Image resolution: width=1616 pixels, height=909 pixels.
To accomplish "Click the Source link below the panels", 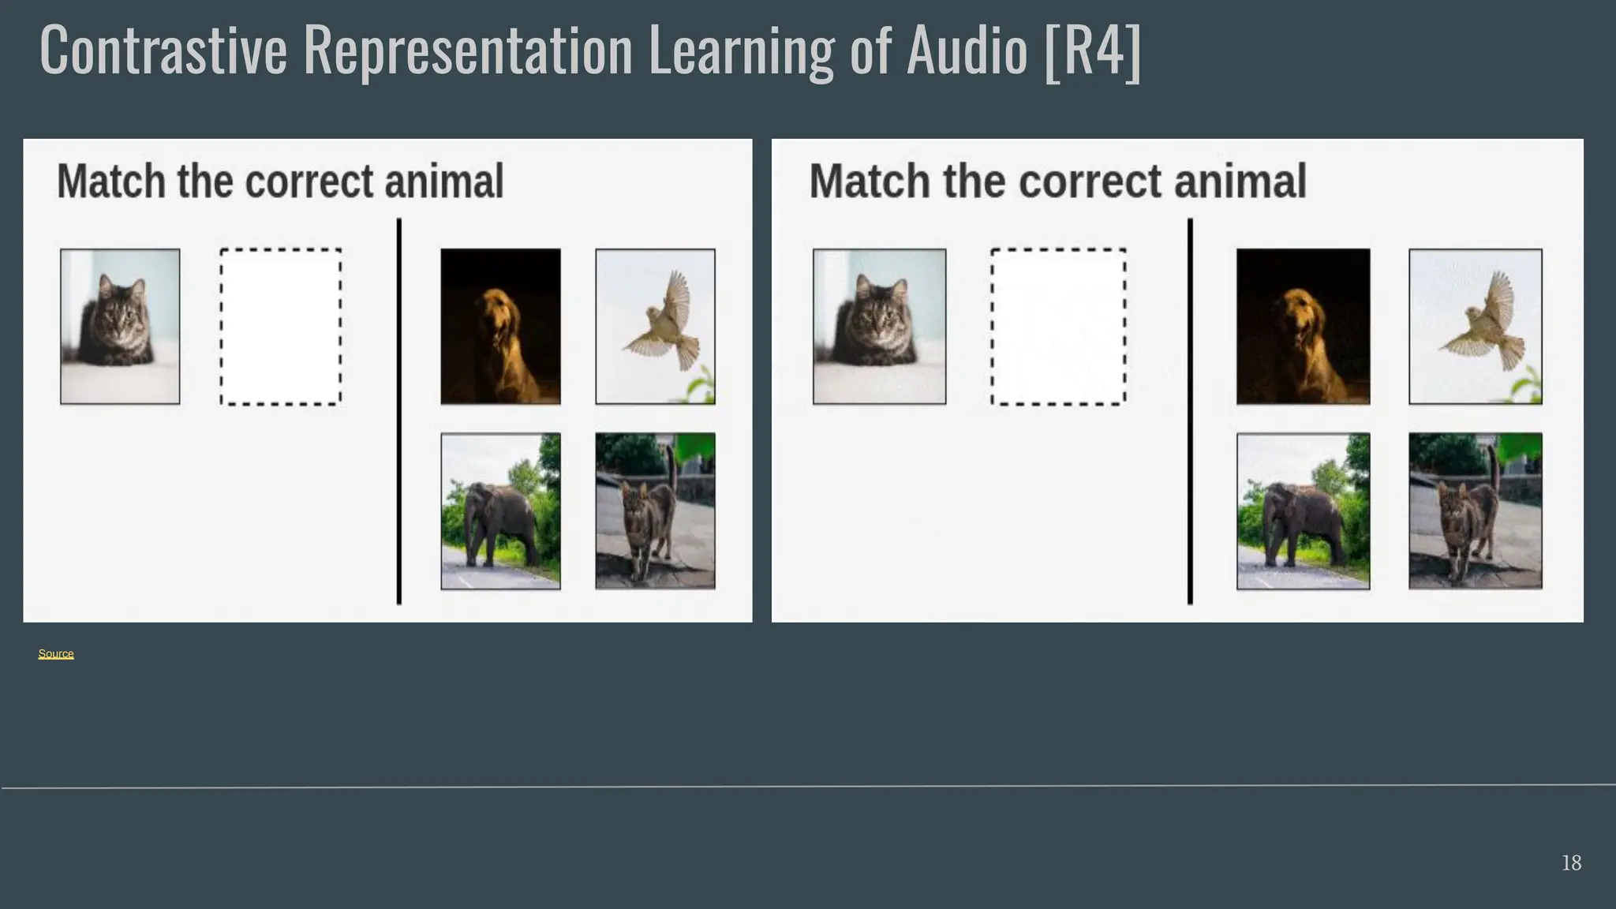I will [56, 653].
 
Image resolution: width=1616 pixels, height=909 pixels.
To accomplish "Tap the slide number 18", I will [1571, 862].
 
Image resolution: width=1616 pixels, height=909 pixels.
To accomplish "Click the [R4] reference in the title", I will [1092, 51].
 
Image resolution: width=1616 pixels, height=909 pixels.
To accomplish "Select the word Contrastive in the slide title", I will [163, 51].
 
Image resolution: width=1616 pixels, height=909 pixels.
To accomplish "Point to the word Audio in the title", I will [967, 51].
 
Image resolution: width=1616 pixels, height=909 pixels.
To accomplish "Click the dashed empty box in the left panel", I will [281, 327].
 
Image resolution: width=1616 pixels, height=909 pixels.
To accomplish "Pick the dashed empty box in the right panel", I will [1058, 327].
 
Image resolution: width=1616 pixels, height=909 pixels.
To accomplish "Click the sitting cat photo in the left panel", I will [120, 327].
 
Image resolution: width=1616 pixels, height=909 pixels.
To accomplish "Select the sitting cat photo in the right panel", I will [879, 327].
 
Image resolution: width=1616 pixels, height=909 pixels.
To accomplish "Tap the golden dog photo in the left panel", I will [500, 327].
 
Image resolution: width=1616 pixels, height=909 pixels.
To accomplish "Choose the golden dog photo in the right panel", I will [1303, 327].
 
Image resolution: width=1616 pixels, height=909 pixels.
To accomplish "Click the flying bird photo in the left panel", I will [655, 327].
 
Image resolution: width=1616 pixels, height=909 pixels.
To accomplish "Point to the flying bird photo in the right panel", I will [1475, 327].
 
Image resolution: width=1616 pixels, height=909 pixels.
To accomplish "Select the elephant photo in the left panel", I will [500, 511].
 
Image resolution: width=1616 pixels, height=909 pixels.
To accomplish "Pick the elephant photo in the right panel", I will [1303, 511].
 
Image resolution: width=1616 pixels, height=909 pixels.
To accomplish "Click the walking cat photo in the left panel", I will [655, 511].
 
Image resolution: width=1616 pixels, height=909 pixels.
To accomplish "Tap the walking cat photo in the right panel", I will [1475, 511].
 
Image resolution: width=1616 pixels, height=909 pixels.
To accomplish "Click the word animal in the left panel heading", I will [443, 181].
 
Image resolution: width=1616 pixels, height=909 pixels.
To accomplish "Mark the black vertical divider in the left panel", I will [399, 411].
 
